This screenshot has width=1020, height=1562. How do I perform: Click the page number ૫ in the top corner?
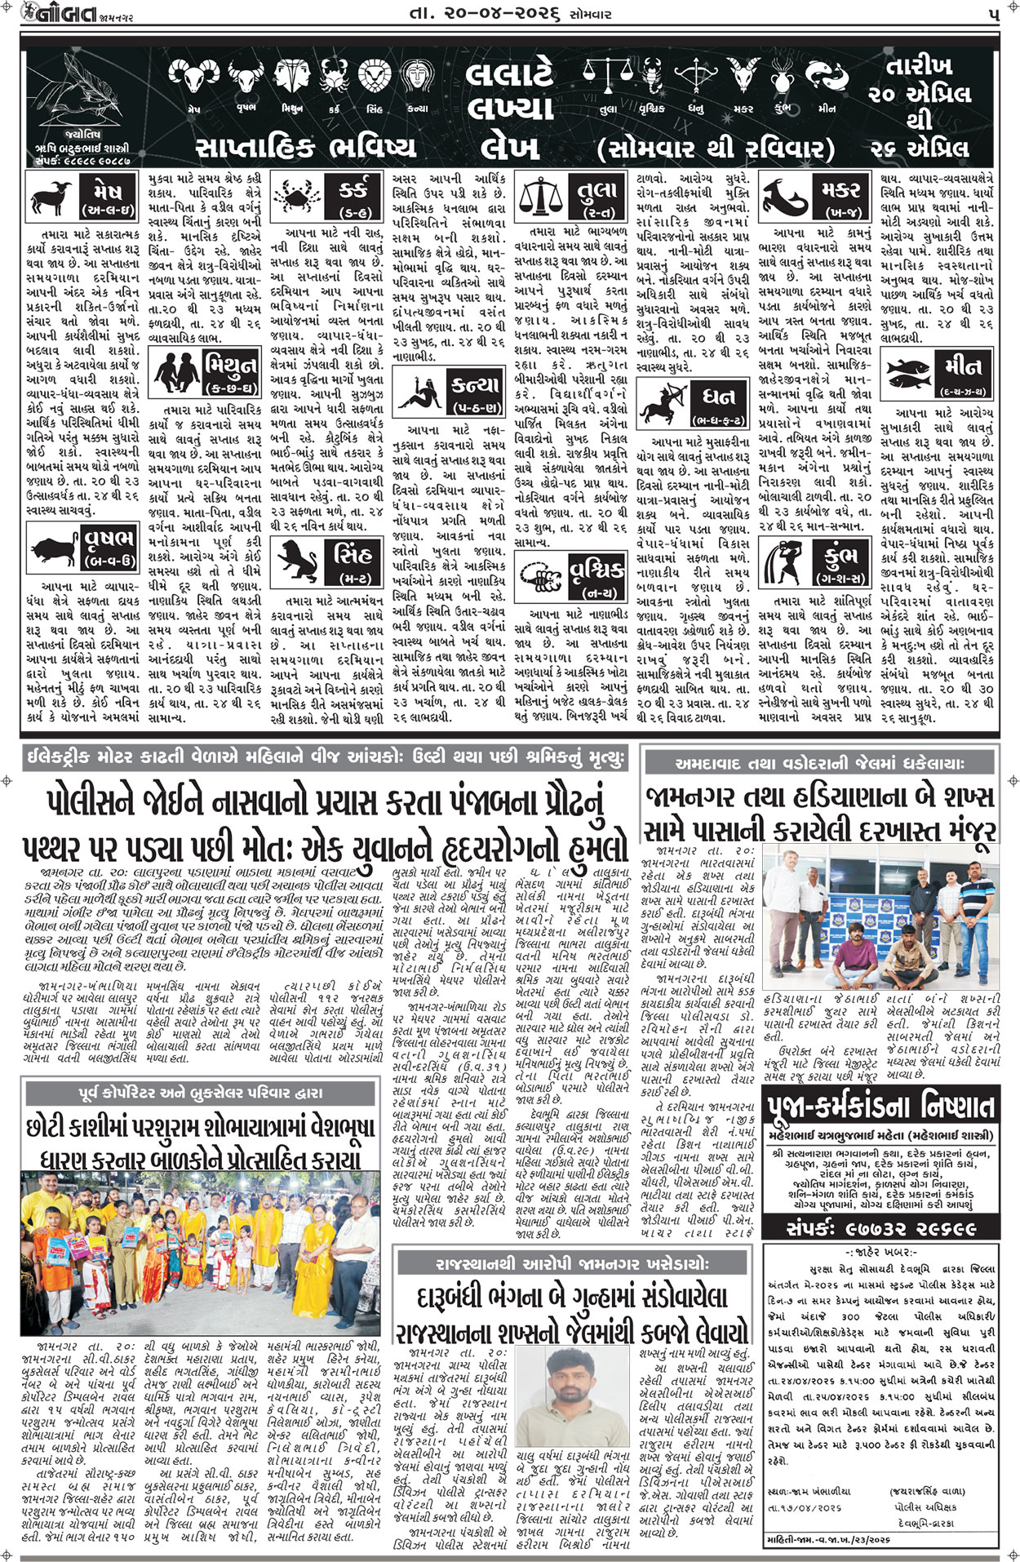[x=992, y=14]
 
